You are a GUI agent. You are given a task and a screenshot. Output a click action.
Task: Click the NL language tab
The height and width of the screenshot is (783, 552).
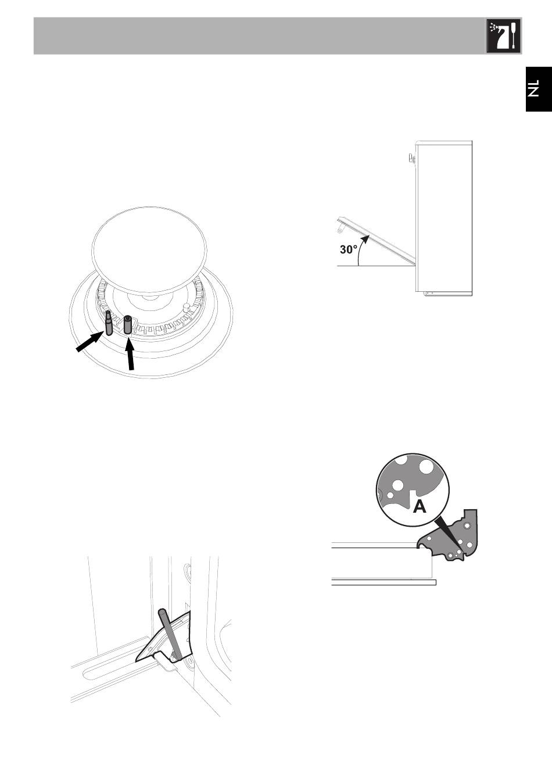[539, 89]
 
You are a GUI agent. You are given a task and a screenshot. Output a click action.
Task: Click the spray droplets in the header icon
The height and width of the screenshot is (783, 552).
[493, 27]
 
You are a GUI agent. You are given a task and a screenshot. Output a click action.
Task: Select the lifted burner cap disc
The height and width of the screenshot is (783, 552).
[149, 251]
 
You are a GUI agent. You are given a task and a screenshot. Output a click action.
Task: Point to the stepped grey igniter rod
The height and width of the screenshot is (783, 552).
[109, 323]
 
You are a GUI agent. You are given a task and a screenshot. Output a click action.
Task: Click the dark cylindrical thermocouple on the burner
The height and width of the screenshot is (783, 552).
[128, 325]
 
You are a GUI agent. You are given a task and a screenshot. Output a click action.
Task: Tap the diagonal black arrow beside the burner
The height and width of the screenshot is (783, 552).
[89, 342]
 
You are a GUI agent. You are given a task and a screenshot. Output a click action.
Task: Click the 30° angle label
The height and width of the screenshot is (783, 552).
[349, 249]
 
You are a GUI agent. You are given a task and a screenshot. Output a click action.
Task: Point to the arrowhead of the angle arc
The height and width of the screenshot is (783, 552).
[365, 239]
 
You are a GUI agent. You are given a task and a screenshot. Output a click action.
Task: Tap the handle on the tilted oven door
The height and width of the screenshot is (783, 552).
[340, 227]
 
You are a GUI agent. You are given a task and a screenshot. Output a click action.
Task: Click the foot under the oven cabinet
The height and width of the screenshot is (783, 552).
[428, 293]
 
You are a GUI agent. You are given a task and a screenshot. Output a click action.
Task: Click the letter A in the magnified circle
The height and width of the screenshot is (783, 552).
[420, 506]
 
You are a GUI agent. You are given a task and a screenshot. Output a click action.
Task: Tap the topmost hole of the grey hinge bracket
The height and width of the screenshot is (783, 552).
[465, 525]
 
